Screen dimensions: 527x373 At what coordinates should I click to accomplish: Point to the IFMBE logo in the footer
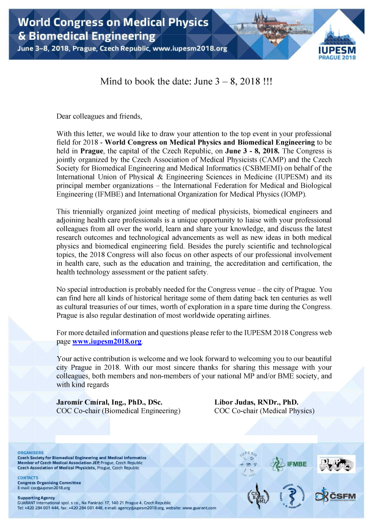[x=289, y=463]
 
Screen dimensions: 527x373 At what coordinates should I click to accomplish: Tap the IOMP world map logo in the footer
[x=336, y=463]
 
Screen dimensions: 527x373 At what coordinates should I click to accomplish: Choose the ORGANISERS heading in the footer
[x=31, y=453]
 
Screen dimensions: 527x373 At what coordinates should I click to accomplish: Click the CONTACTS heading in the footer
[x=28, y=478]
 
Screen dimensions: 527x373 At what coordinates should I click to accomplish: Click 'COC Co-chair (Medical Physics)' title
[x=264, y=411]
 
